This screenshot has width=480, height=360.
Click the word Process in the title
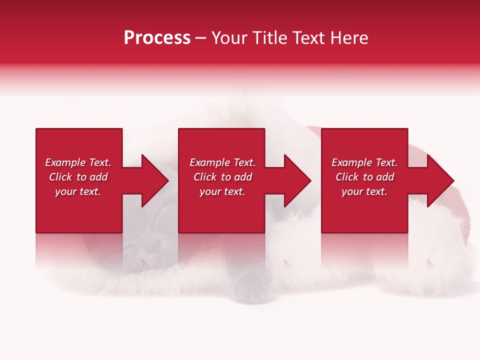coord(157,38)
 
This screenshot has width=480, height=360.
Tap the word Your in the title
coord(229,38)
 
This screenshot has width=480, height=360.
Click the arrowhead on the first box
coord(154,180)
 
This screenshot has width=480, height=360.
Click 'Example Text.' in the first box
coord(78,162)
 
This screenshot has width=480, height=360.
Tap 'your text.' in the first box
coord(78,191)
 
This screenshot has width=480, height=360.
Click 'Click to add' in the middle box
coord(222,177)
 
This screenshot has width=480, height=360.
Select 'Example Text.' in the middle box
coord(222,162)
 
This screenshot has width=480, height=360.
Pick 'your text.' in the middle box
coord(222,191)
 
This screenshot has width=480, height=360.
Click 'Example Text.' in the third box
coord(364,162)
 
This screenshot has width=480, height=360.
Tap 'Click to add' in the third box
coord(364,177)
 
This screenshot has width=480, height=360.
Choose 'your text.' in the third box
coord(364,191)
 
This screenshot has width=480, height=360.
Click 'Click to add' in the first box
coord(78,177)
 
